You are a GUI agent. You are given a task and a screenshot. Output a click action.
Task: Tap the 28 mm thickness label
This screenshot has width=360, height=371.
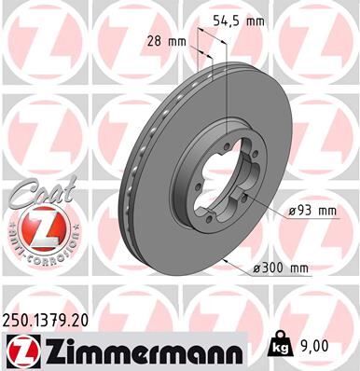click(167, 41)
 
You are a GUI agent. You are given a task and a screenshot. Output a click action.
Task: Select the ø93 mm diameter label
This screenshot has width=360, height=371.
click(312, 212)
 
